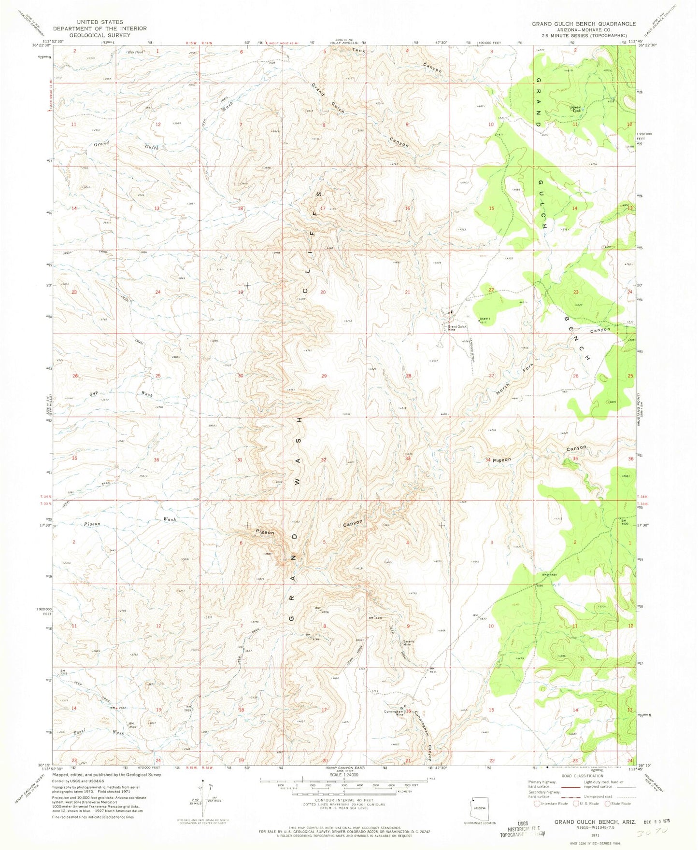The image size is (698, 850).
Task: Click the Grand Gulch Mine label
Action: pos(456,328)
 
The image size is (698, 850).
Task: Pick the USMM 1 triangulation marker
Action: pos(479,320)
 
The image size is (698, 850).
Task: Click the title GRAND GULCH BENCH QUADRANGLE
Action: pos(584,24)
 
